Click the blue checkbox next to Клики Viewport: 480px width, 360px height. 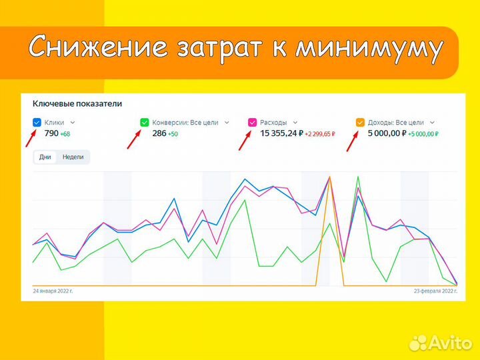pos(37,123)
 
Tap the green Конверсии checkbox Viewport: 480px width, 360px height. pos(145,123)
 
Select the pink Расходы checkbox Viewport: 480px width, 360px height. pos(252,123)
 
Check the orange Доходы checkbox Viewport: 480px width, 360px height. pos(360,123)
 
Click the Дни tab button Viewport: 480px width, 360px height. pos(45,157)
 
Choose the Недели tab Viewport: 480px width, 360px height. pos(73,157)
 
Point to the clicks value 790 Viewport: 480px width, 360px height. pos(51,134)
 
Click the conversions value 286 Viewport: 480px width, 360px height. pos(159,134)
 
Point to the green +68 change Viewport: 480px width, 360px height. pos(65,135)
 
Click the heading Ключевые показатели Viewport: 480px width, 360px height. pos(77,104)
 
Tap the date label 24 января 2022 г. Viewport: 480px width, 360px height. pos(53,291)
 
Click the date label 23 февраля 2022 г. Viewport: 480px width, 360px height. pos(435,291)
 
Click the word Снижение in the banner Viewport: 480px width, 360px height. pos(99,48)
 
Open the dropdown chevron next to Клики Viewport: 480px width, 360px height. pos(73,123)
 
